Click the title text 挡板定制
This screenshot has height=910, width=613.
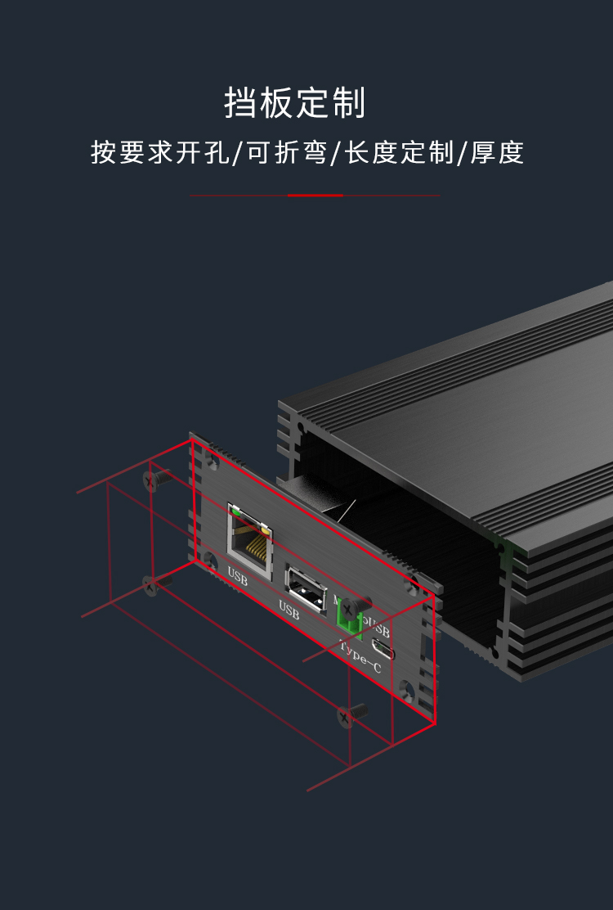point(295,104)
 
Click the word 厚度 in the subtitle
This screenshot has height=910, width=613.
point(498,153)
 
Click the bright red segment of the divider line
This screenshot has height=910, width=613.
point(315,196)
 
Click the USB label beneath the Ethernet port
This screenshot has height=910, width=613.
point(237,578)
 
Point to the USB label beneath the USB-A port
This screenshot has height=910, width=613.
point(289,609)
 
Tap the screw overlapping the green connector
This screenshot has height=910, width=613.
point(351,608)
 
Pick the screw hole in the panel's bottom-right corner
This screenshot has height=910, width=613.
point(406,686)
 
